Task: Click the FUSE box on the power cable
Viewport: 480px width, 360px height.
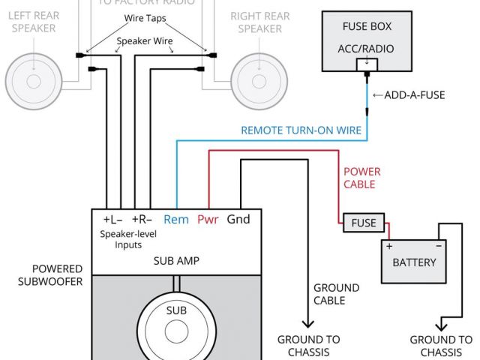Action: tap(364, 223)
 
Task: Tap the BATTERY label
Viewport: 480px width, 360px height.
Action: tap(414, 262)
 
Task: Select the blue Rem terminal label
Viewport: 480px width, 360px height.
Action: tap(176, 220)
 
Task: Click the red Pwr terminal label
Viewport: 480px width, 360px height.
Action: tap(208, 220)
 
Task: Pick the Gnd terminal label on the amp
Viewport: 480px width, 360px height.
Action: tap(238, 220)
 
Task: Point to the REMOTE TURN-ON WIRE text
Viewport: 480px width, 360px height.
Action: tap(301, 130)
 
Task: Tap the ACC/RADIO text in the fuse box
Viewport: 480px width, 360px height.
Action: tap(366, 50)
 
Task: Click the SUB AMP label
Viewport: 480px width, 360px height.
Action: tap(175, 261)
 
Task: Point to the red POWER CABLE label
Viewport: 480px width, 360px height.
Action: tap(358, 178)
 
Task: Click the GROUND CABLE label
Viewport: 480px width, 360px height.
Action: tap(336, 294)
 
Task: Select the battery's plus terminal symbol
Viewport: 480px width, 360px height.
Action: tap(389, 246)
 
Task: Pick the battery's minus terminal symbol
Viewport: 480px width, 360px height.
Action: tap(438, 246)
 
